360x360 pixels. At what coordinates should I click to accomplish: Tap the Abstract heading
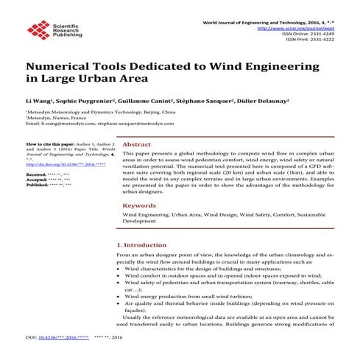136,145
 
